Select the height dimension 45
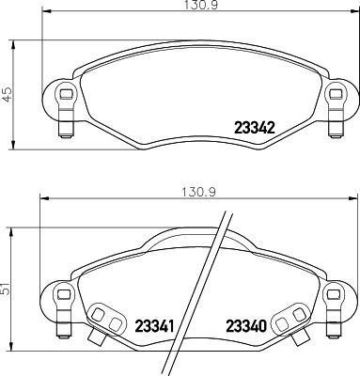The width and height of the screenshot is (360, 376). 7,94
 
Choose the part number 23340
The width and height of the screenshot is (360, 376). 247,327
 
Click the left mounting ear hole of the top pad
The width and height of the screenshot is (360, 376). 63,94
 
